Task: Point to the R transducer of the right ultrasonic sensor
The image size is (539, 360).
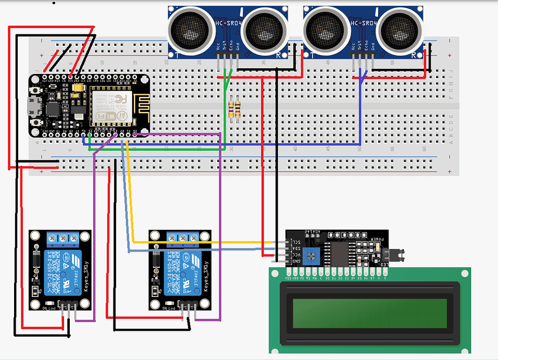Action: pos(399,30)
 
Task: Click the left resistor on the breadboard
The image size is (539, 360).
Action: pos(231,109)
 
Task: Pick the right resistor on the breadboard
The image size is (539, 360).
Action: pos(238,109)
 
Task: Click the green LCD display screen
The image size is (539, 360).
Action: pos(370,313)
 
